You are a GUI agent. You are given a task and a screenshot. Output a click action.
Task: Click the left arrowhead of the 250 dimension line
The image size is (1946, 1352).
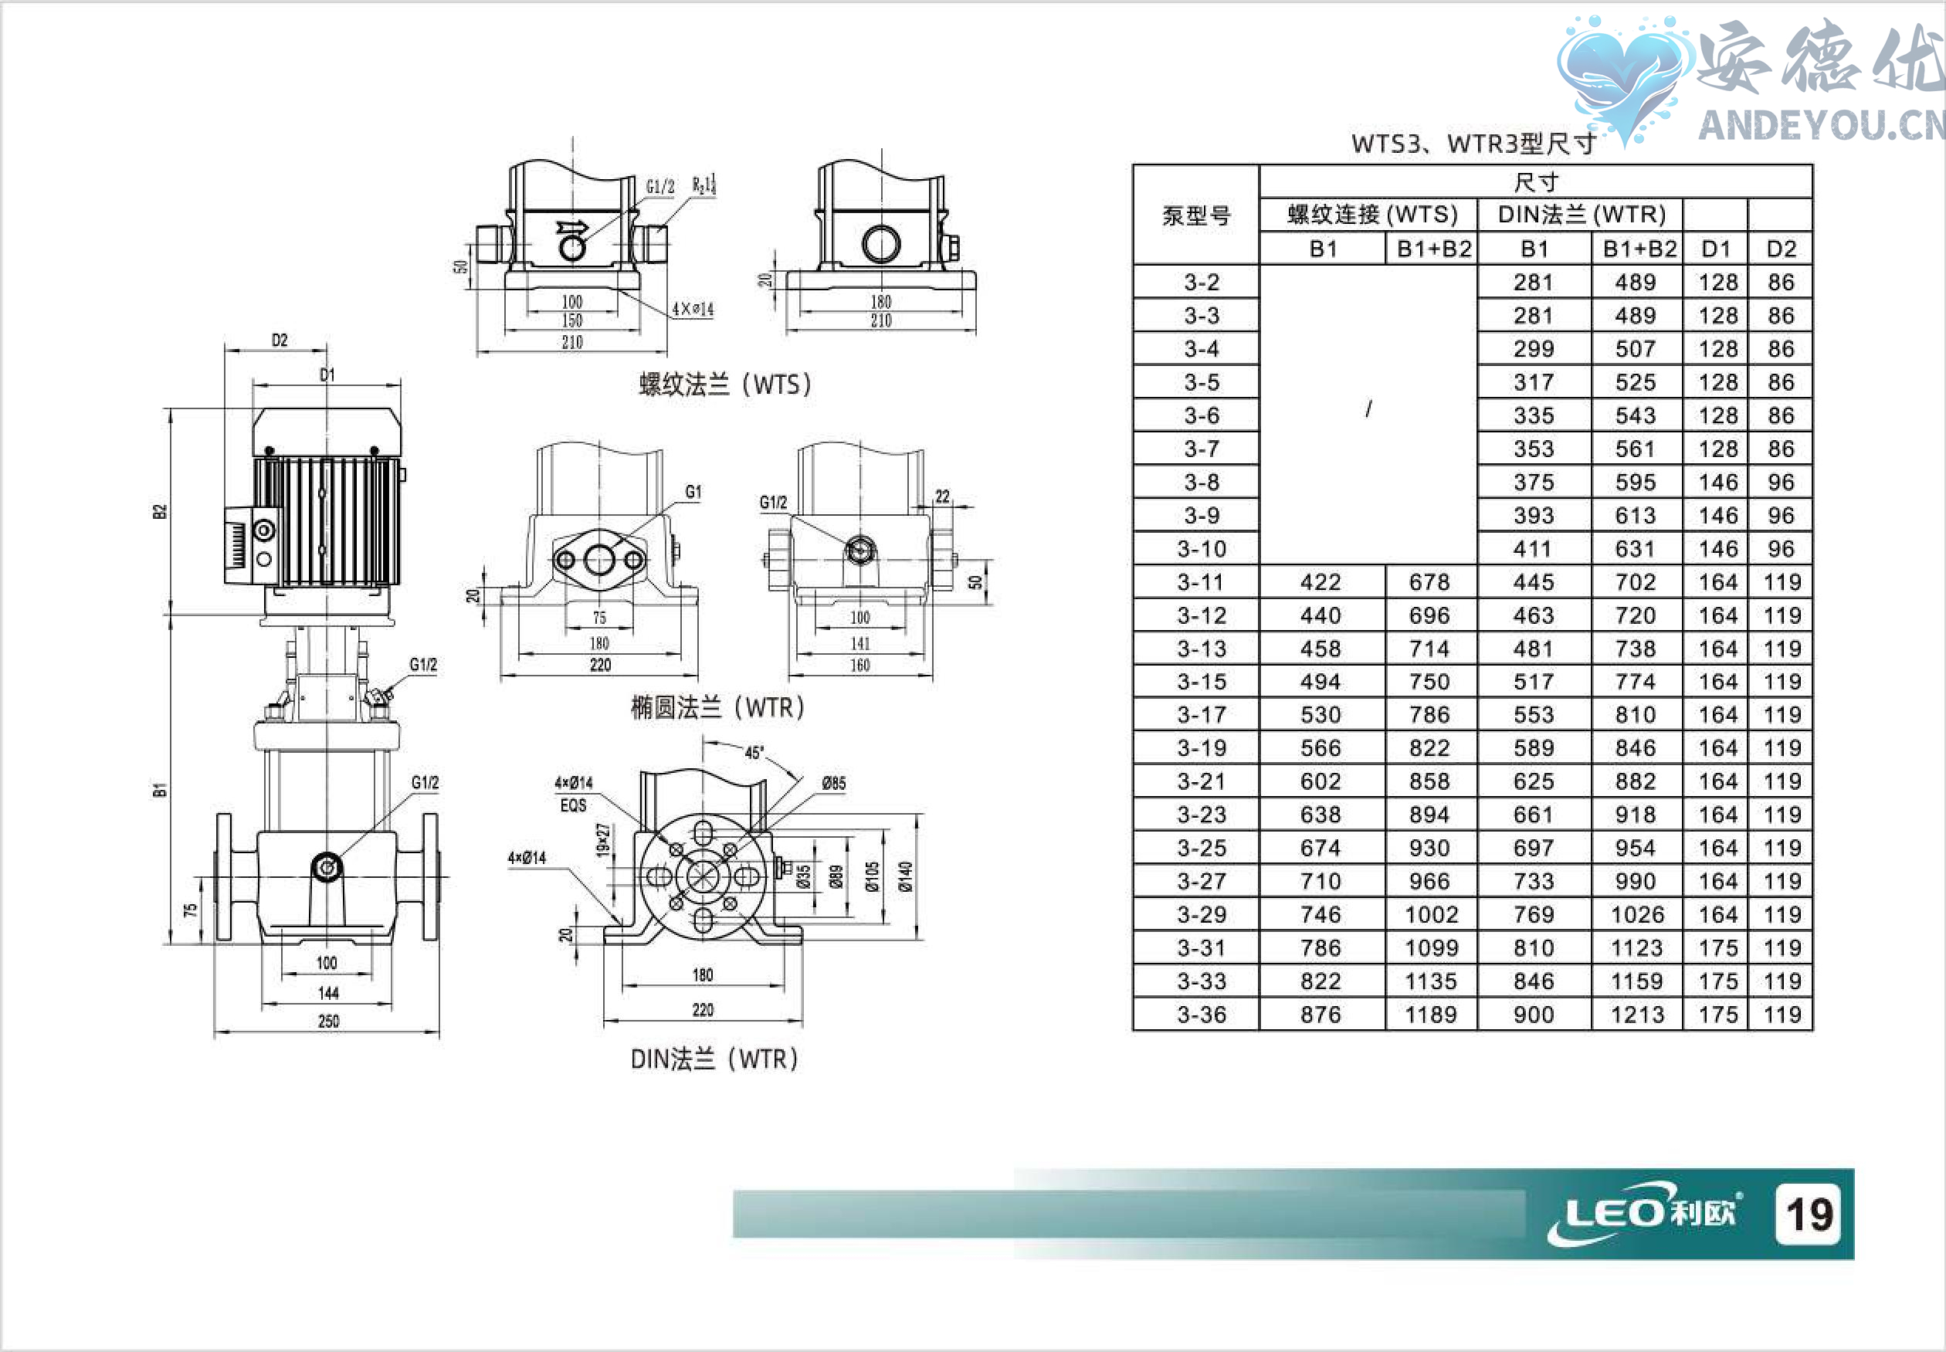point(217,1033)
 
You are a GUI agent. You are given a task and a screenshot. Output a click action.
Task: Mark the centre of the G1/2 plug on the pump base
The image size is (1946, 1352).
point(326,866)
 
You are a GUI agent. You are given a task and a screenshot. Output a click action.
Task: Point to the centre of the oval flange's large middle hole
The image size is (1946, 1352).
point(599,560)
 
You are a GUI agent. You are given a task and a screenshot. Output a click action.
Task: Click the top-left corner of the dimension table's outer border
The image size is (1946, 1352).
point(1134,165)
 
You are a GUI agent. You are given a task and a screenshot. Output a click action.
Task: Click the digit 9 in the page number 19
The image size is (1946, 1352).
point(1821,1214)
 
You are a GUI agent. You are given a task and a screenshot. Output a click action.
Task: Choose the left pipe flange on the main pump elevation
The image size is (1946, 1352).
point(224,877)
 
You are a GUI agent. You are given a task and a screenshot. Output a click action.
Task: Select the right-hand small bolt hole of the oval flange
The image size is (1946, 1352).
point(634,560)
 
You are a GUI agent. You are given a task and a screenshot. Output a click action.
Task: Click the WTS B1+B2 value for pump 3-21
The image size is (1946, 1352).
point(1429,781)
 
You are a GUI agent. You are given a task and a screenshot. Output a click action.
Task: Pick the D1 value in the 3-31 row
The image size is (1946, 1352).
point(1717,948)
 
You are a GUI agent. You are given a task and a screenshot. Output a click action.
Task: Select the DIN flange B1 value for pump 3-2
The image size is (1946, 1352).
point(1534,282)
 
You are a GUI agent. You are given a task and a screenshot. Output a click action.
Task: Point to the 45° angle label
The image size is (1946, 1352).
point(753,752)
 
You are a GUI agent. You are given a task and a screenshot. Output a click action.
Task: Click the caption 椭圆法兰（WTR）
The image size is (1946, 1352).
point(717,707)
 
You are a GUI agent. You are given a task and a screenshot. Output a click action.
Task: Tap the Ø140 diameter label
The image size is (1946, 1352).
point(905,876)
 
